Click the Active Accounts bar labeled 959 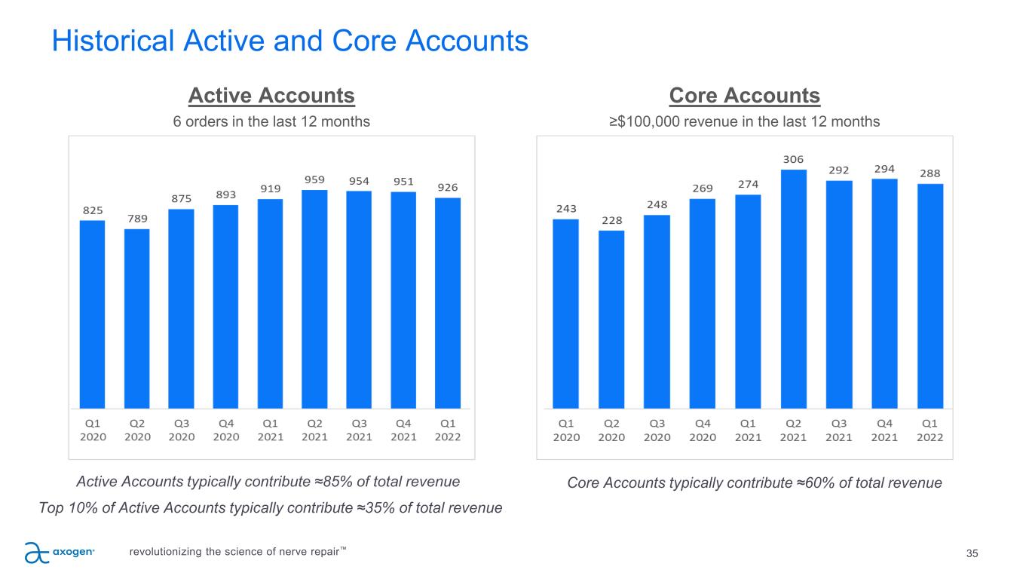point(314,299)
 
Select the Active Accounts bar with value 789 point(137,318)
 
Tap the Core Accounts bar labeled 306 point(793,289)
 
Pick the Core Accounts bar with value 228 point(611,319)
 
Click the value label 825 point(93,210)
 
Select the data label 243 point(565,209)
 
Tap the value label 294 point(884,168)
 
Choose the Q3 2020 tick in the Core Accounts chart point(657,430)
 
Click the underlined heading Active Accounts point(271,96)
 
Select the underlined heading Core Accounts point(744,96)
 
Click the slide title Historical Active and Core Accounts point(290,41)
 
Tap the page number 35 point(972,554)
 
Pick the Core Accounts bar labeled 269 point(702,303)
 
